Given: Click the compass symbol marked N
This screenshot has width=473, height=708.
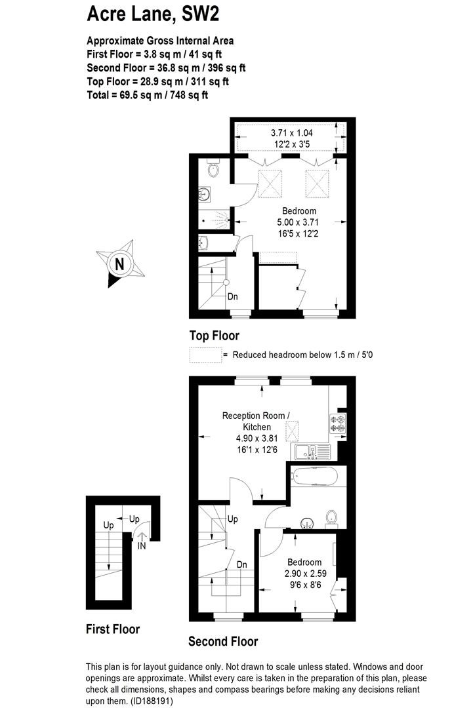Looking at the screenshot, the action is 120,264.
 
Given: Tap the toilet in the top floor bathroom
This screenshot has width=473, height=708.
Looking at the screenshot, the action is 213,168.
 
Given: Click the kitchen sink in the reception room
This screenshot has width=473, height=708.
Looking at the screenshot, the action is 312,452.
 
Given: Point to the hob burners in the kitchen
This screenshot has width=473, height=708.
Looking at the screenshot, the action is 338,423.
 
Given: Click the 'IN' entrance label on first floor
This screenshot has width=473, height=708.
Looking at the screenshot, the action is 142,545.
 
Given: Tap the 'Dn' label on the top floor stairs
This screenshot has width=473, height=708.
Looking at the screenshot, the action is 233,297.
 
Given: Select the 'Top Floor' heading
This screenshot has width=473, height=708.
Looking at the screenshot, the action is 214,336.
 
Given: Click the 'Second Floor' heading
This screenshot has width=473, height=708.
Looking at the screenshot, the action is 223,641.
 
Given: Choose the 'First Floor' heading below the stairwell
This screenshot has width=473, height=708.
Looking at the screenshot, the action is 113,629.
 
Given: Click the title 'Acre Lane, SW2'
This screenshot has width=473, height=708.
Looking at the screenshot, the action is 153,14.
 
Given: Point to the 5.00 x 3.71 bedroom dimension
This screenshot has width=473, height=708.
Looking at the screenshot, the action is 298,222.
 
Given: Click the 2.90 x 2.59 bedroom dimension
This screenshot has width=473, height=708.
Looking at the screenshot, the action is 306,574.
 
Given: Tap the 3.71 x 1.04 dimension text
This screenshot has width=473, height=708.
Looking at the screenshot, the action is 292,132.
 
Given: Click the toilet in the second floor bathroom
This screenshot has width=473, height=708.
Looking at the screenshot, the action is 332,519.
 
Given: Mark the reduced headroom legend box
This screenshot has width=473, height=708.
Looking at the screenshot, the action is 205,355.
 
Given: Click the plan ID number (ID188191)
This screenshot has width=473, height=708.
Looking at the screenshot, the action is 152,701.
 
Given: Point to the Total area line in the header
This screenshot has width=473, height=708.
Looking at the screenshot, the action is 147,95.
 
